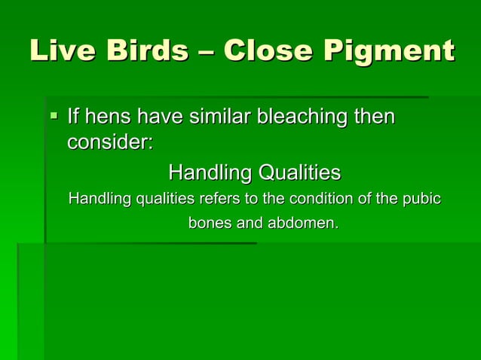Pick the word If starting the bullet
point(74,117)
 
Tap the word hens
point(108,117)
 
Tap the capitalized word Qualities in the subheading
point(299,173)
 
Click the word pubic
point(422,200)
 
